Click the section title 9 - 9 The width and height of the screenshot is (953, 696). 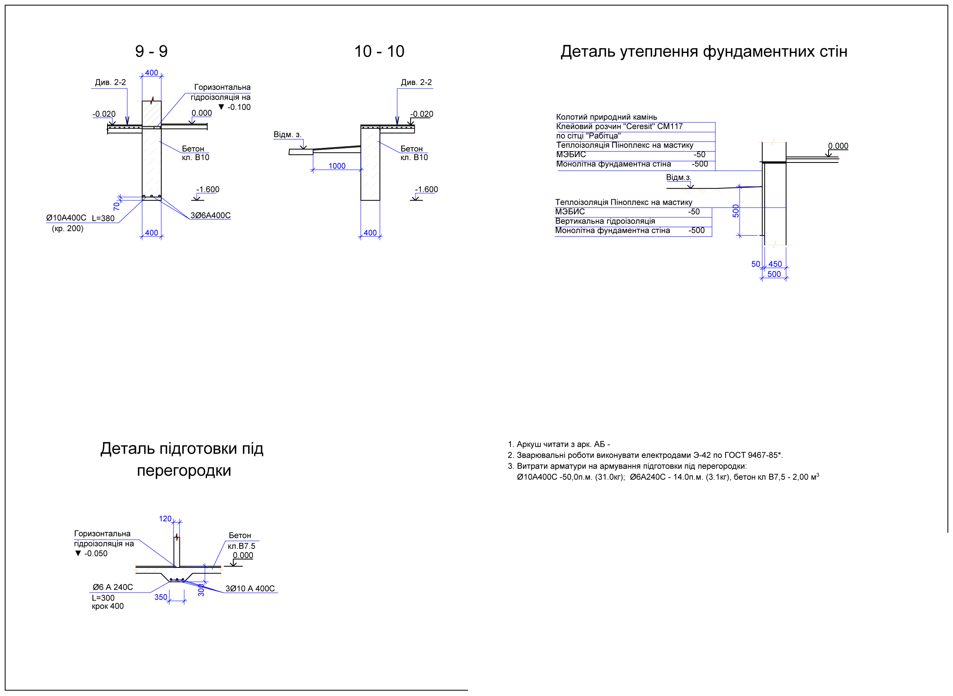151,51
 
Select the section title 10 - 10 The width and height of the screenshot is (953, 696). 379,51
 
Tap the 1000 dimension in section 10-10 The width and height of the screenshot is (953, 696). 337,166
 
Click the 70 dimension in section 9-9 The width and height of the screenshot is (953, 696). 116,206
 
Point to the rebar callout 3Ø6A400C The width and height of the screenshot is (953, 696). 211,215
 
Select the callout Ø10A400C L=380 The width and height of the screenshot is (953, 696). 80,218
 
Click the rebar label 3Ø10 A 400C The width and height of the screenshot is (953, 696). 250,588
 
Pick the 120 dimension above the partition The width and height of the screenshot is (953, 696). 165,519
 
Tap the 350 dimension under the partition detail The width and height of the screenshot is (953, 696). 160,597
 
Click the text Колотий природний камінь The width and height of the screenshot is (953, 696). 606,117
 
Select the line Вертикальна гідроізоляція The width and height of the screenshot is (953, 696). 605,221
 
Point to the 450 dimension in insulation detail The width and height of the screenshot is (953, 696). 775,264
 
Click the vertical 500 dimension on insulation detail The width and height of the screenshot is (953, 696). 736,211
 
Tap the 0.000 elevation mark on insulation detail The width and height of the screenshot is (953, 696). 838,146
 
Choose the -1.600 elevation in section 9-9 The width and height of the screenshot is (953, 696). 208,190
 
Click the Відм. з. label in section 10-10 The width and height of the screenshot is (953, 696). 287,135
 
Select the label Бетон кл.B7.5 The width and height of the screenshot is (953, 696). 241,540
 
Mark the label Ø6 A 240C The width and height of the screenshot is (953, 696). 112,587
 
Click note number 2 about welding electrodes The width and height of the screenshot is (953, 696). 645,455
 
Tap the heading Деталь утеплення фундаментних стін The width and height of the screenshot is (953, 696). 704,52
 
